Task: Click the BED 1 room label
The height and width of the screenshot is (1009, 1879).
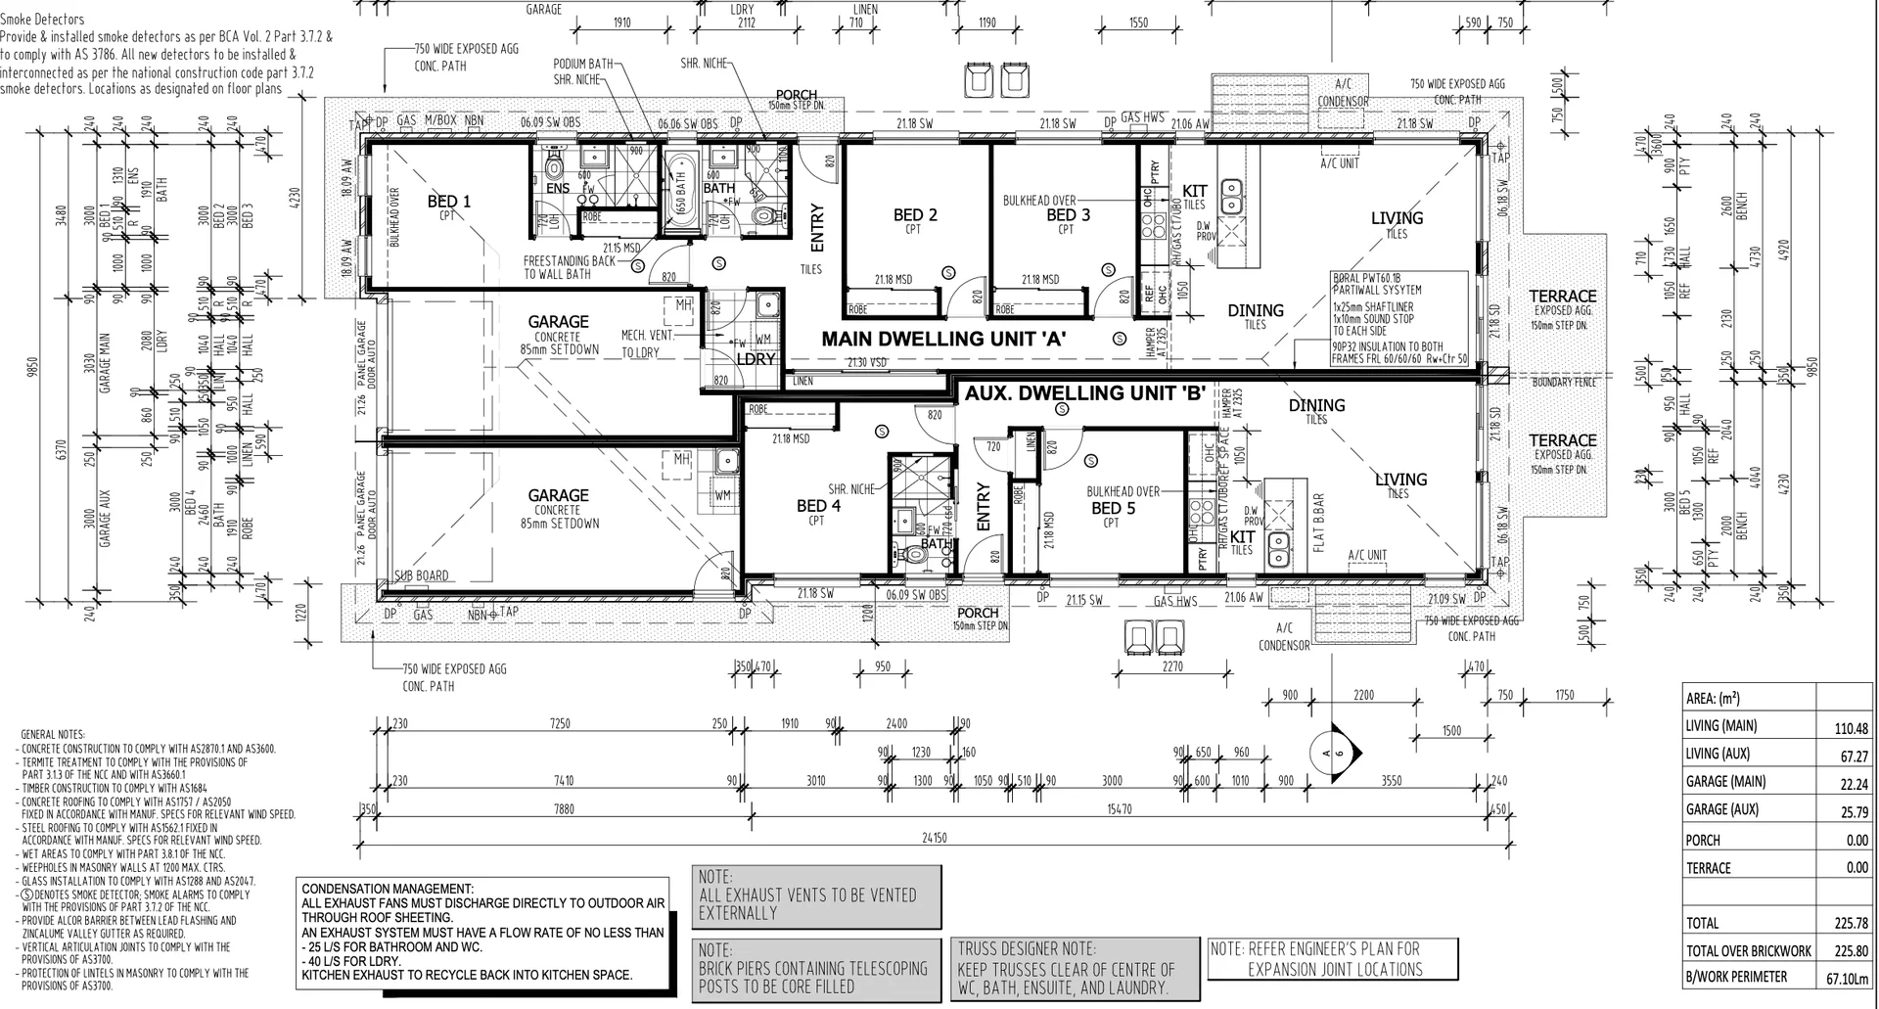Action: coord(448,202)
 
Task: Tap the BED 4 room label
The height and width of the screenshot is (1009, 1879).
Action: coord(818,506)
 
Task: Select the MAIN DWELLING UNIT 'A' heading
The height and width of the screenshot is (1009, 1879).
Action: coord(942,340)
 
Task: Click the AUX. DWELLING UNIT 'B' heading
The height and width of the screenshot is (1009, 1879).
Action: coord(1084,393)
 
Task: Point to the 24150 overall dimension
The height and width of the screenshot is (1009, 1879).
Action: coord(934,838)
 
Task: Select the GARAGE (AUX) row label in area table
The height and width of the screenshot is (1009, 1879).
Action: coord(1721,809)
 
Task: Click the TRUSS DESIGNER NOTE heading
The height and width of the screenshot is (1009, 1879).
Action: coord(1027,948)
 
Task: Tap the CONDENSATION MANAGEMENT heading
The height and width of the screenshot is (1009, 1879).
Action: coord(388,889)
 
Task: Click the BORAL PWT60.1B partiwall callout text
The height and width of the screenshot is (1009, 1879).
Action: coord(1376,278)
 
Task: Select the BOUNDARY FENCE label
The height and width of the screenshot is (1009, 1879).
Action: coord(1563,382)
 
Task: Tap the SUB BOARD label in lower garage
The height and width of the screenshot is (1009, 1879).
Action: coord(422,575)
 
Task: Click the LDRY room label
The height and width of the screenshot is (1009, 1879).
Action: coord(756,359)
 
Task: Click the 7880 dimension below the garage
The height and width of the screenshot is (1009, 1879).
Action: coord(564,809)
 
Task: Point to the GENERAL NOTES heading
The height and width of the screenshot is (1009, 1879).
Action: coord(53,735)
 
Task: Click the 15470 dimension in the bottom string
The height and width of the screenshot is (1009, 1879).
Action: coord(1119,809)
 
